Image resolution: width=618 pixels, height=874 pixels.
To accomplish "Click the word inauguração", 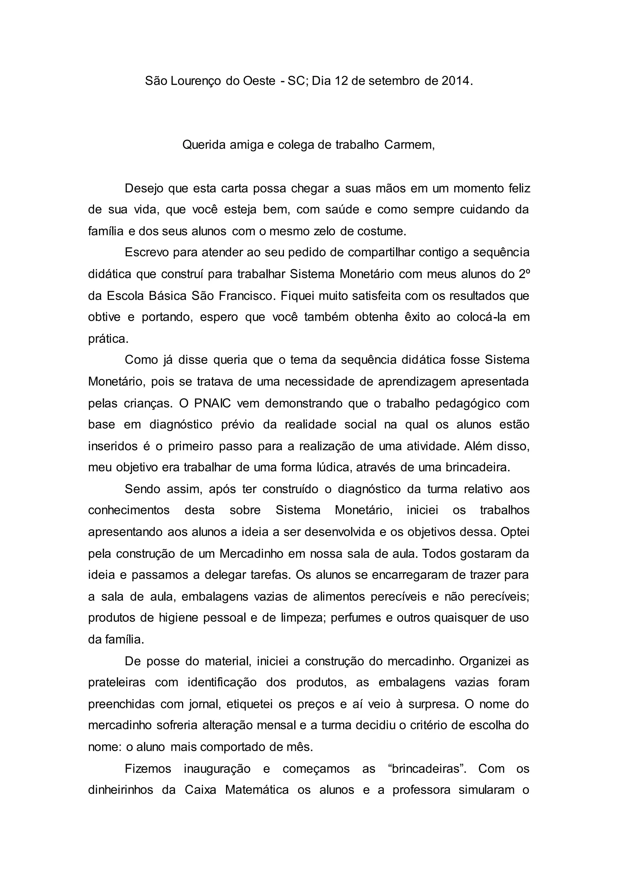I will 217,769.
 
